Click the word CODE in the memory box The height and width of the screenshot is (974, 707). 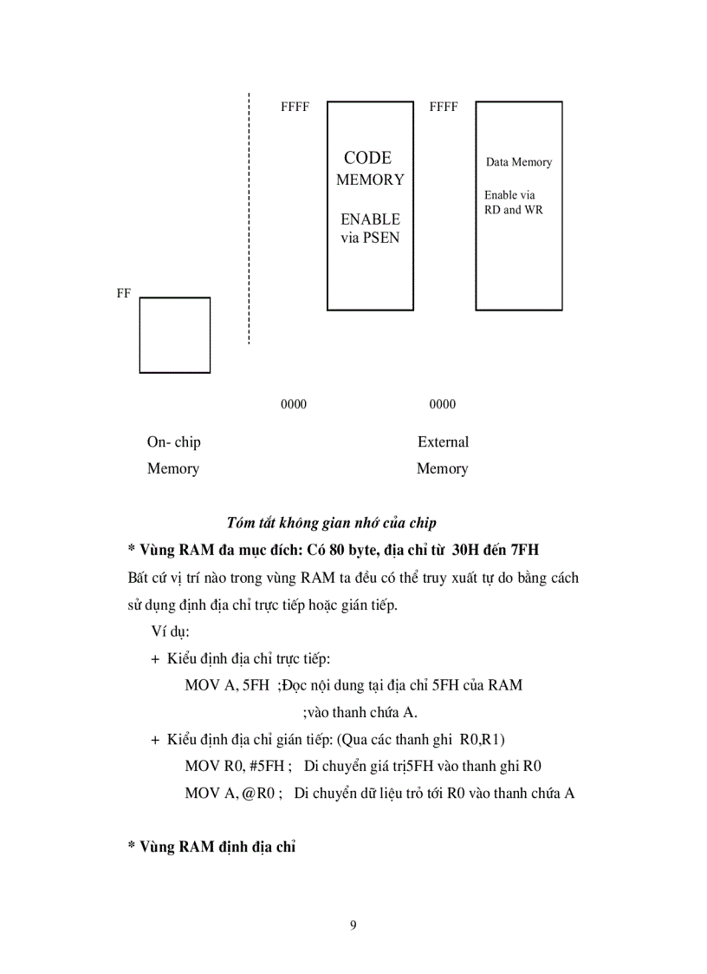(367, 158)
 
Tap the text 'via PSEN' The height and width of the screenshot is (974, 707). (370, 238)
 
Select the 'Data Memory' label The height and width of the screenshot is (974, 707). (518, 162)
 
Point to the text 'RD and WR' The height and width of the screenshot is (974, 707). (514, 210)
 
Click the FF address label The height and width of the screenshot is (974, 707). (124, 293)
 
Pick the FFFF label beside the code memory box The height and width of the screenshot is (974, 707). (295, 108)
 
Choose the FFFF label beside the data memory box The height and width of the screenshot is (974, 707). (444, 108)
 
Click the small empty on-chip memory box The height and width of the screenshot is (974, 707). (175, 335)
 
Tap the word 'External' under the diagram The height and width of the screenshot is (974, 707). (443, 442)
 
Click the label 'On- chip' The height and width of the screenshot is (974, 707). (173, 442)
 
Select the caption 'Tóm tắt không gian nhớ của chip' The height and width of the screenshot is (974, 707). (331, 522)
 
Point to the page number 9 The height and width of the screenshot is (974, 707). (353, 925)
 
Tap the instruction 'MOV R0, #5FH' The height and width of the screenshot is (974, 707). (234, 766)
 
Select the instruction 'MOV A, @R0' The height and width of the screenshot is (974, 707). (230, 793)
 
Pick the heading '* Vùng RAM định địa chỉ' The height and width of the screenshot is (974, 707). (211, 847)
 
